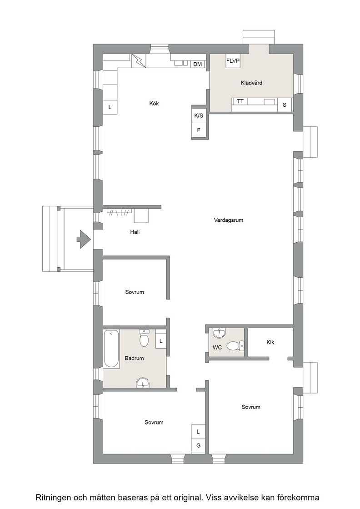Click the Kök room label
pos(154,104)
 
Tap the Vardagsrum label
pos(229,220)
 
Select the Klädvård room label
pos(251,83)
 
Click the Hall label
pos(135,232)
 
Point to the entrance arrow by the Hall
pos(84,239)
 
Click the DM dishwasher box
pos(197,64)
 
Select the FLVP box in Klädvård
pos(233,61)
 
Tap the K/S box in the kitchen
pos(199,115)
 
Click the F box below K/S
pos(199,130)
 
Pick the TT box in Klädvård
pos(240,102)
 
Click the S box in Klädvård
pos(285,105)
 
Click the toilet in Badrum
pos(144,338)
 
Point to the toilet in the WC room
pos(235,345)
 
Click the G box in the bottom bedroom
pos(198,446)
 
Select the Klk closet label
pos(270,342)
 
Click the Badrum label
pos(134,359)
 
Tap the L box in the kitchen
pos(110,107)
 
